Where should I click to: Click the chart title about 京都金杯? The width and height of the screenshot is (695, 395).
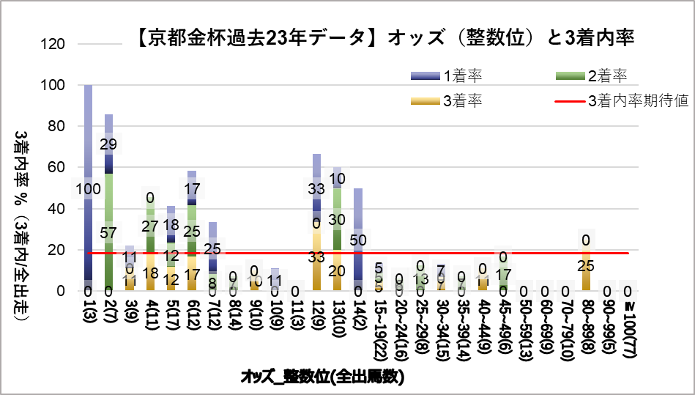tap(385, 37)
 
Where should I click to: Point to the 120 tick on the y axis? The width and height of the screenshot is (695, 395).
tap(56, 44)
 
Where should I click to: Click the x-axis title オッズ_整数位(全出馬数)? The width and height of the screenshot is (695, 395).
tap(322, 377)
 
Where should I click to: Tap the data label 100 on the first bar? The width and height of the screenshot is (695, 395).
tap(88, 190)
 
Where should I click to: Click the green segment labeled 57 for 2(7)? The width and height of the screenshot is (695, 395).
tap(108, 233)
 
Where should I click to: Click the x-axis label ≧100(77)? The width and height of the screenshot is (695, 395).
tap(629, 331)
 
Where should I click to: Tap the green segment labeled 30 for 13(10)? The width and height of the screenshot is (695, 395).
tap(338, 219)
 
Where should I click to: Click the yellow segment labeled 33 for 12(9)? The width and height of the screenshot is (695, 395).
tap(316, 257)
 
